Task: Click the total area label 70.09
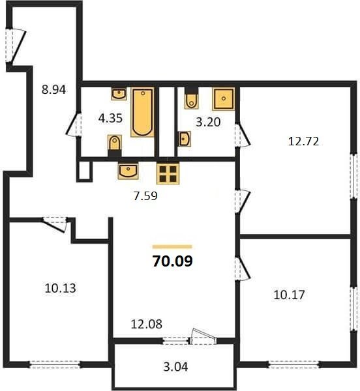tap(172, 261)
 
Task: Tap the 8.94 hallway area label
tap(53, 89)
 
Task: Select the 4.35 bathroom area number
tap(110, 118)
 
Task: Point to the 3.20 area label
tap(208, 122)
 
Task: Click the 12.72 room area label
tap(303, 141)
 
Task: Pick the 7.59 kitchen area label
tap(145, 195)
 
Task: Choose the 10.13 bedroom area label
tap(61, 288)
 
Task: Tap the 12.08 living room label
tap(147, 324)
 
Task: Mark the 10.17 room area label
tap(289, 295)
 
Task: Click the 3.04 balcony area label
tap(175, 367)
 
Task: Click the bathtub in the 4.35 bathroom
tap(142, 112)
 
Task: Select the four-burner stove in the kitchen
tap(168, 173)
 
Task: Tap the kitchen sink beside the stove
tap(128, 171)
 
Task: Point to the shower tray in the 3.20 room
tap(224, 99)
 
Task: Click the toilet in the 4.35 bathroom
tap(115, 146)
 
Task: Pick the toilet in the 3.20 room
tap(192, 98)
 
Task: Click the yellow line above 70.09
tap(172, 247)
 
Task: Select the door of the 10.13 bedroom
tap(54, 225)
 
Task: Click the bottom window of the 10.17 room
tap(294, 364)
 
